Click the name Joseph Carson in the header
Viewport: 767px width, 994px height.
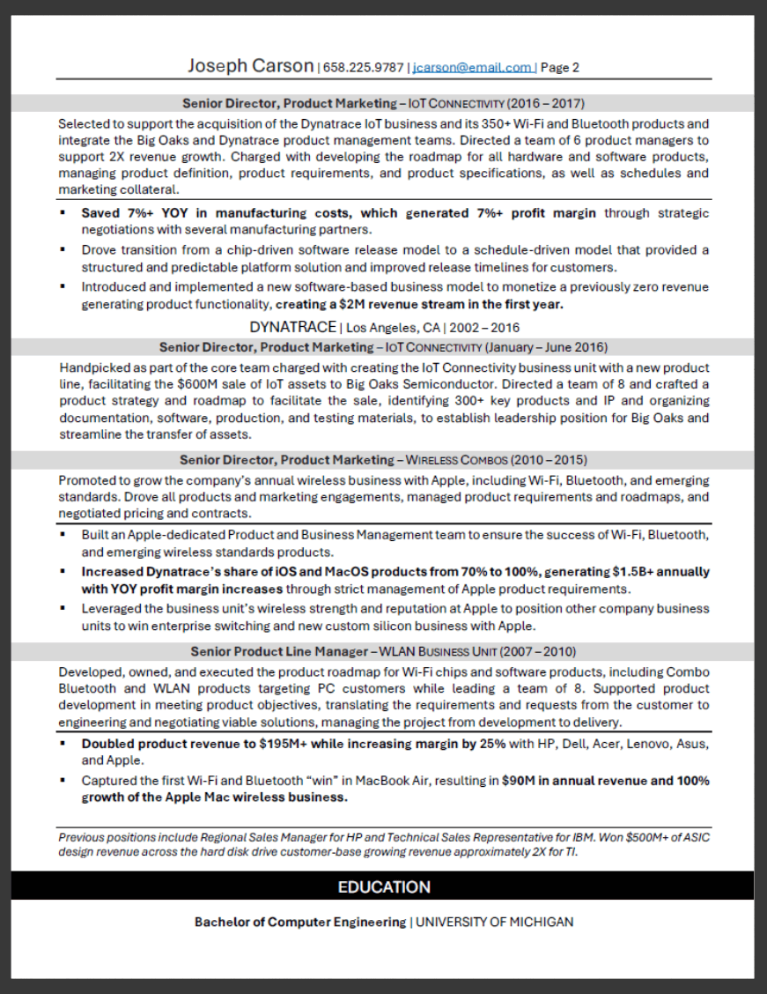[x=250, y=66]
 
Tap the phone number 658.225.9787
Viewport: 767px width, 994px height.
[x=364, y=67]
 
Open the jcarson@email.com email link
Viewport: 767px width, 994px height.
[x=473, y=67]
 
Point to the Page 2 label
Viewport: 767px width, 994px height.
[x=560, y=67]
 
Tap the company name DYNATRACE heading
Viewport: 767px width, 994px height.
[x=292, y=327]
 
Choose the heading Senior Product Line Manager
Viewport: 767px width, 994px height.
[x=279, y=652]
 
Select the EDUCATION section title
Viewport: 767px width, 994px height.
[x=384, y=887]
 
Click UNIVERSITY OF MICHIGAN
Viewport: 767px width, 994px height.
[x=494, y=923]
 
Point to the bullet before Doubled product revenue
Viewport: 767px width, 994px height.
[x=63, y=744]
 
